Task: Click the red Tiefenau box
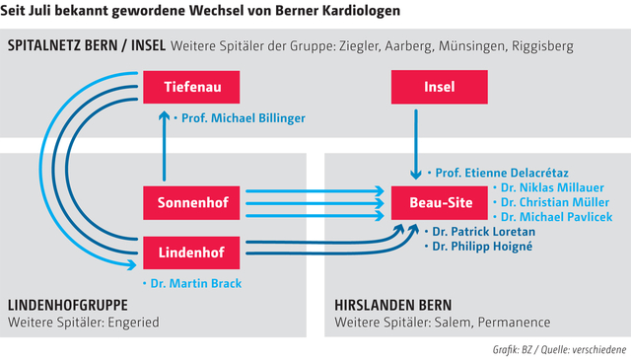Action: click(192, 88)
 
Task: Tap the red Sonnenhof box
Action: click(192, 202)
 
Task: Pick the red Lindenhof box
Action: click(192, 252)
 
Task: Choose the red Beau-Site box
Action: click(426, 202)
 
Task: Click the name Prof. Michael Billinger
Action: click(243, 118)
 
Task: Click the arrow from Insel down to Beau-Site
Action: click(417, 138)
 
